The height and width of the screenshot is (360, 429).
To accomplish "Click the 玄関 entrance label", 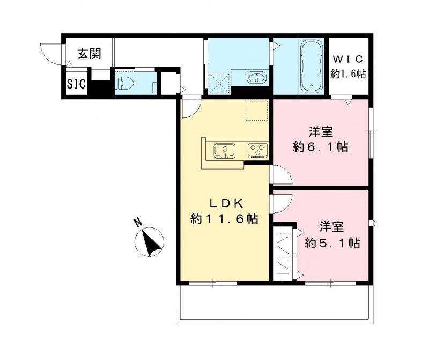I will pyautogui.click(x=88, y=54).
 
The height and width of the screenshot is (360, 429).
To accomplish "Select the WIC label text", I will pyautogui.click(x=348, y=58).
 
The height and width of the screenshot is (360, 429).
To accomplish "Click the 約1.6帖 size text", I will pyautogui.click(x=348, y=74).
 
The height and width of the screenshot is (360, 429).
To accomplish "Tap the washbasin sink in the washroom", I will pyautogui.click(x=257, y=78).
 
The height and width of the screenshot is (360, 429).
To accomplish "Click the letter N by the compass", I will pyautogui.click(x=138, y=221).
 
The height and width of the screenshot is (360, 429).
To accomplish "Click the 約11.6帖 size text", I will pyautogui.click(x=224, y=219).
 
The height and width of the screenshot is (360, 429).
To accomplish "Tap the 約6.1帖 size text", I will pyautogui.click(x=321, y=147).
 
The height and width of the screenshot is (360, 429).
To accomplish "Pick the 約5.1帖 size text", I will pyautogui.click(x=332, y=243).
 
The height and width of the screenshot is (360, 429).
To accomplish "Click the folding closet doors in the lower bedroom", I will pyautogui.click(x=284, y=253).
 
